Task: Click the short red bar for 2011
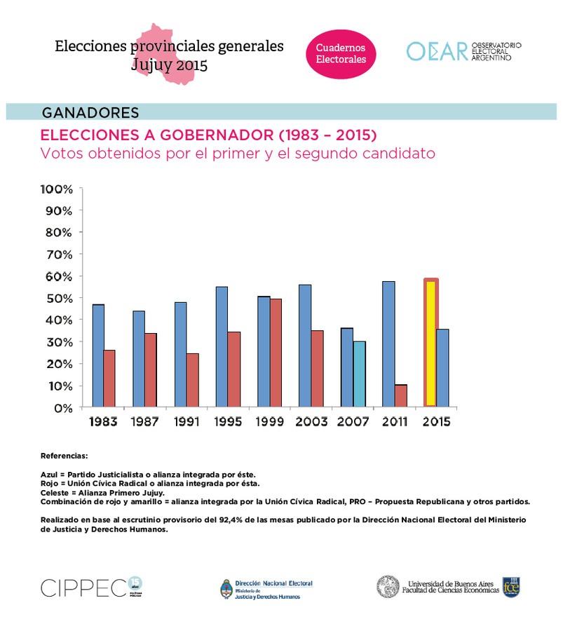coord(400,395)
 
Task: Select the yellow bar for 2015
coord(430,344)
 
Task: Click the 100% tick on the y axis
coord(57,189)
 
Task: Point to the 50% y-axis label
coord(58,299)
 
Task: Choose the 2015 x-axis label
coord(435,422)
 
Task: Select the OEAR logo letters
coord(437,51)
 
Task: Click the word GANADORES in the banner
coord(90,113)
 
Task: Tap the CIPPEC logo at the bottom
coord(84,587)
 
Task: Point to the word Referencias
coord(65,456)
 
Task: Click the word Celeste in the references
coord(54,492)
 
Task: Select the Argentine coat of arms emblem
coord(226,588)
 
